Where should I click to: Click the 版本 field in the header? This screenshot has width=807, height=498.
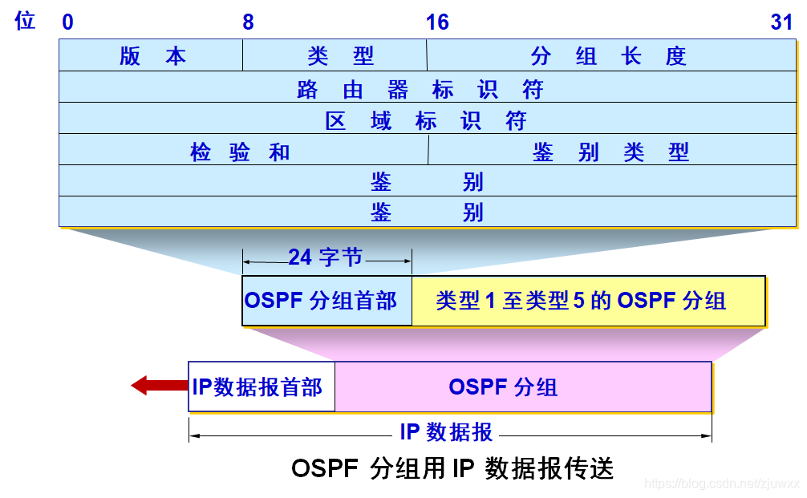click(151, 55)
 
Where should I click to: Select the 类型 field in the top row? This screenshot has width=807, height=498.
click(335, 55)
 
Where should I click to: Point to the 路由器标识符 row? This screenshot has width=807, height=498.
click(421, 87)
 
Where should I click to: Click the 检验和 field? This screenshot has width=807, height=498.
click(242, 151)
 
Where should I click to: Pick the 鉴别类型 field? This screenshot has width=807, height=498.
click(610, 151)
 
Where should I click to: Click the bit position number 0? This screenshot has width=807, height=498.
click(67, 22)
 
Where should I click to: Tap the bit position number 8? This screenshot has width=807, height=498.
click(248, 22)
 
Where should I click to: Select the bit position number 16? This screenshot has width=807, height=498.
click(436, 22)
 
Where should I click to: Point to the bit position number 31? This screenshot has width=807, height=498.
click(781, 22)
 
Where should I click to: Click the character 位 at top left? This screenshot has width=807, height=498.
click(25, 22)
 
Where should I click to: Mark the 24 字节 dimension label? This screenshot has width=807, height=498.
click(326, 257)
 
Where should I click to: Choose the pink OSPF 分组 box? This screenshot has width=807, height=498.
click(521, 387)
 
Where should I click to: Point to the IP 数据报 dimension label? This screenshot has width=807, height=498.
click(447, 431)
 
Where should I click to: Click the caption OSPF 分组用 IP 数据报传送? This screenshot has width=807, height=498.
click(452, 468)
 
